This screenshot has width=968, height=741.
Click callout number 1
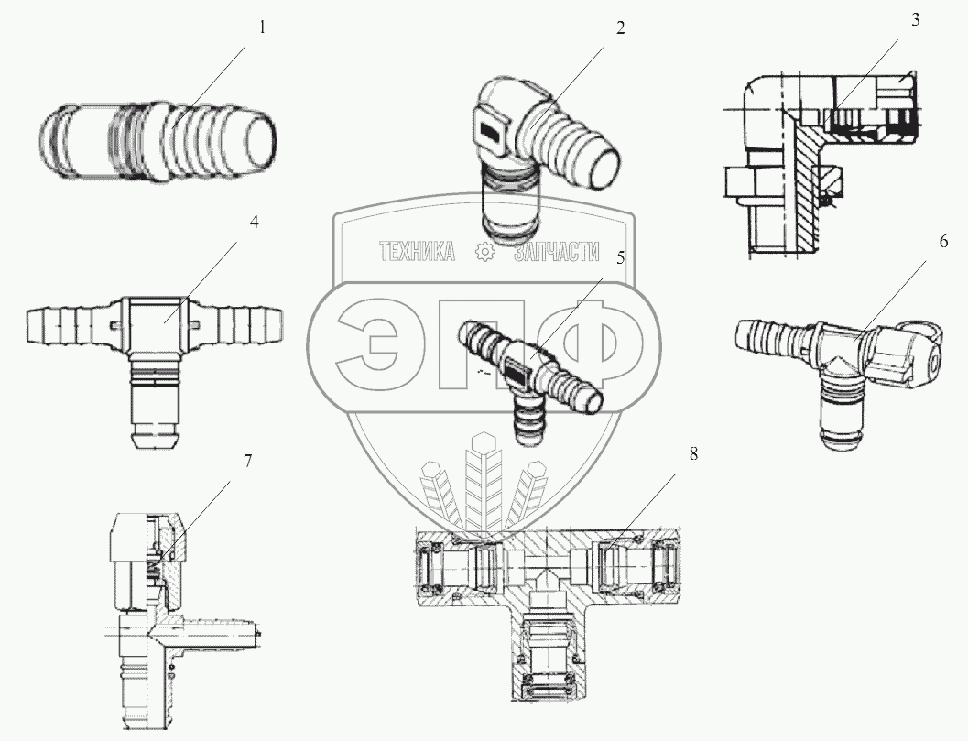tap(261, 27)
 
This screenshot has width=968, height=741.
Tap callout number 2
tap(620, 27)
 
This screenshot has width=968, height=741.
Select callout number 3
tap(915, 21)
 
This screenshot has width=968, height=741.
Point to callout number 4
tap(255, 222)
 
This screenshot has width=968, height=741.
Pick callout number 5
tap(620, 257)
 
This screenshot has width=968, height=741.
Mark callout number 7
tap(247, 461)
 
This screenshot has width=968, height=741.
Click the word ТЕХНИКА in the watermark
tap(418, 253)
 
